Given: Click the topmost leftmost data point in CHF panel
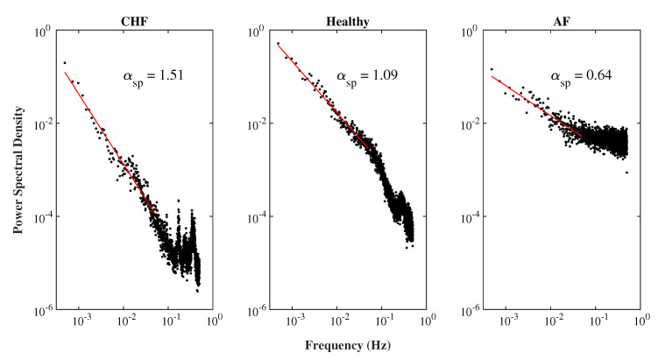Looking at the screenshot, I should [x=65, y=63].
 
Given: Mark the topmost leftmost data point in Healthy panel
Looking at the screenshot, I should [x=278, y=43].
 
